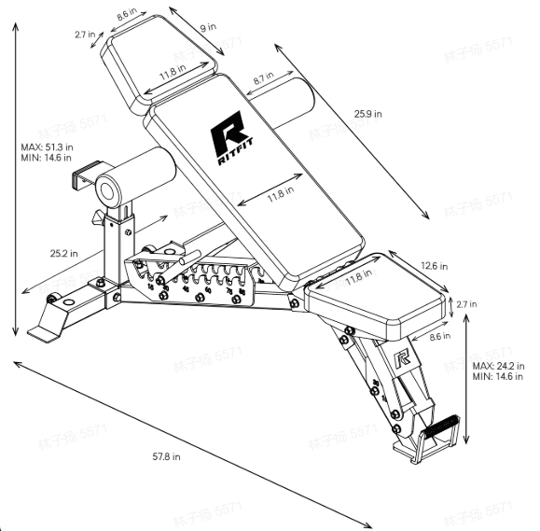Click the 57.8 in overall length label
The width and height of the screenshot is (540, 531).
(x=167, y=456)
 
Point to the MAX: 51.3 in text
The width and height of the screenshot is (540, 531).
(x=47, y=147)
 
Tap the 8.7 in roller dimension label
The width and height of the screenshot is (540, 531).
(x=264, y=77)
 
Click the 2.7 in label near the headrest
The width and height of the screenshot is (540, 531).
(x=87, y=35)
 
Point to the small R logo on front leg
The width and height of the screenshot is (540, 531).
(x=403, y=356)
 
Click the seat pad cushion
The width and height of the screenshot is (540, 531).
(x=378, y=297)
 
